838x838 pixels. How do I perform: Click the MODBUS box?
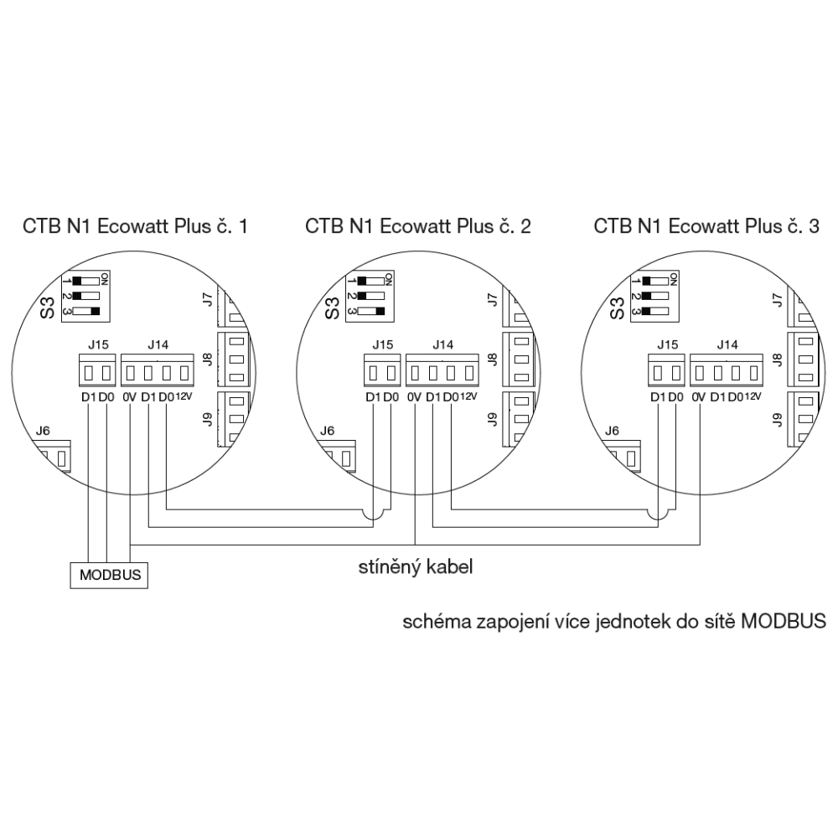coord(109,575)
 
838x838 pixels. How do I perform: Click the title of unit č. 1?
coord(135,226)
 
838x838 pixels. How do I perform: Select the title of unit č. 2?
coord(418,226)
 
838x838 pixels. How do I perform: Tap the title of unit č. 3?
coord(706,226)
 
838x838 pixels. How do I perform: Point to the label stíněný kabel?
coord(416,567)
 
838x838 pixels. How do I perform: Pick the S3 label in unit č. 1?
coord(48,308)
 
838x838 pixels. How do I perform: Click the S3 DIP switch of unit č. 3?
coord(654,297)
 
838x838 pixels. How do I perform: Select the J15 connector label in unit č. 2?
coord(383,344)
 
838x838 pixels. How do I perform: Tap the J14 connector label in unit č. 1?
coord(158,344)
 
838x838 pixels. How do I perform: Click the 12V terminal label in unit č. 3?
coord(753,396)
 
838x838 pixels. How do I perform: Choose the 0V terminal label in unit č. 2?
coord(414,397)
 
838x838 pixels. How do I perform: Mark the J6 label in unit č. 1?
coord(43,430)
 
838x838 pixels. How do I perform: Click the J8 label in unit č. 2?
coord(493,360)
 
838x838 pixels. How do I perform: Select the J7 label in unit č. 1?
coord(209,300)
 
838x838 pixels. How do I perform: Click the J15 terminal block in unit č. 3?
coord(666,370)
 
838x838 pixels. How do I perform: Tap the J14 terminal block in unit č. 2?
coord(442,370)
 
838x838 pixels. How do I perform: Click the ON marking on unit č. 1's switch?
coord(105,278)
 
